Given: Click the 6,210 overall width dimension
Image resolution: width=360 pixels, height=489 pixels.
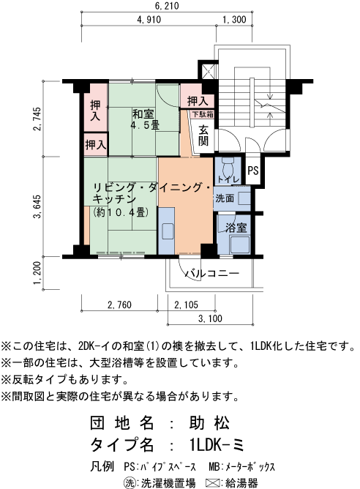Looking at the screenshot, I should [167, 7].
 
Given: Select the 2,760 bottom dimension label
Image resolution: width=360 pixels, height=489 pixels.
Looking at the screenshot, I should [119, 305].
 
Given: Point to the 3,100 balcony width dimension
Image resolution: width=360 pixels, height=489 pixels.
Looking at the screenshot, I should [210, 318].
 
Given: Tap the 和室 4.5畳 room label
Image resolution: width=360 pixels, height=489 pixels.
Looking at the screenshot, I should [144, 119].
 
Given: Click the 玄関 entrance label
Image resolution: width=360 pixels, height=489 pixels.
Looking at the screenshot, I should [203, 135].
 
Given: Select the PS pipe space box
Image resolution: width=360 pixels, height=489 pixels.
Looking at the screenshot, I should [253, 171].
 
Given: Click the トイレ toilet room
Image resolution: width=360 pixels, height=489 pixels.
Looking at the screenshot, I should [225, 176].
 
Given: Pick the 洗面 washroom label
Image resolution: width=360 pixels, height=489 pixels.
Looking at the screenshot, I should [225, 198].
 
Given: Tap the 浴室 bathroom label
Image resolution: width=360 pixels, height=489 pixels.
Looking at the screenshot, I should [235, 228].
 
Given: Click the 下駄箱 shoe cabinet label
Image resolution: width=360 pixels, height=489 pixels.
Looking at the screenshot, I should [202, 114].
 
